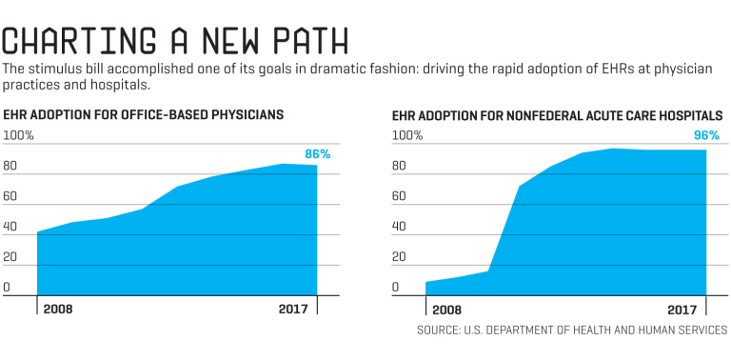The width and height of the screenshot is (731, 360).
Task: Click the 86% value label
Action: pos(317,153)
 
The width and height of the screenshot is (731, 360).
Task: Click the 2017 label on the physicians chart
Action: pos(296,310)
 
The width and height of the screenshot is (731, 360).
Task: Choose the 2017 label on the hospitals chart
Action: pos(685,310)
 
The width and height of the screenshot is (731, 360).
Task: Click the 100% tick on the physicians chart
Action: pos(18,135)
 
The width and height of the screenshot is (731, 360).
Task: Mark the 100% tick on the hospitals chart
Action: pos(407,135)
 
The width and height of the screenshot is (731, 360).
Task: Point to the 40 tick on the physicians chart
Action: pos(10,227)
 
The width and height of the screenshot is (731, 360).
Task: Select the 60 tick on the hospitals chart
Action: pos(401,196)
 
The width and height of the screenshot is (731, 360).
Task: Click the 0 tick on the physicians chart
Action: pos(7,287)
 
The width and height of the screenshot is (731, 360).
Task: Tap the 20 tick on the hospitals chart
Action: pos(401,257)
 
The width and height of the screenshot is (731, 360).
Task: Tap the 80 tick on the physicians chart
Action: pos(10,166)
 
